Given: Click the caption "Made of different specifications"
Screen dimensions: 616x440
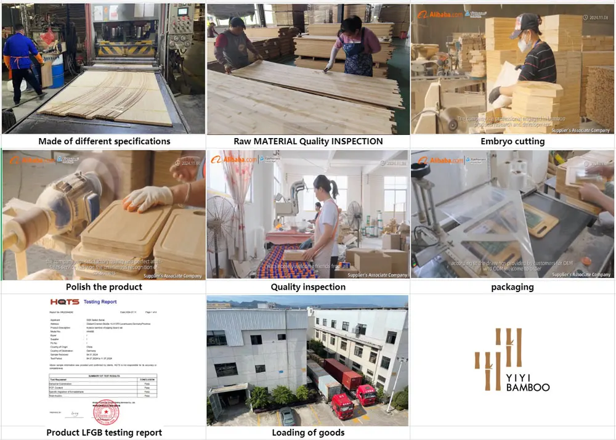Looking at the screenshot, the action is (x=104, y=141).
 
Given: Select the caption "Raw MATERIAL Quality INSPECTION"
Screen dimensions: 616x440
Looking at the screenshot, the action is (x=308, y=141).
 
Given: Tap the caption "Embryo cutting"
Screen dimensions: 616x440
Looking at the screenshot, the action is (x=513, y=141).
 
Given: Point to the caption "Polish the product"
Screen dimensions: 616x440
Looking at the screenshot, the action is (x=104, y=287).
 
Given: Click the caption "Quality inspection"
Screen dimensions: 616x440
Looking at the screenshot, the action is (x=308, y=287).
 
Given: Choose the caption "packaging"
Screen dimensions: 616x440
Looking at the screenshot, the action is (x=513, y=287).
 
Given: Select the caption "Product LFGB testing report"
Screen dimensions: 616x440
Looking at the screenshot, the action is (x=104, y=432).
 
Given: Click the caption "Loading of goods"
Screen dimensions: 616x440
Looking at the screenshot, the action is (x=308, y=432).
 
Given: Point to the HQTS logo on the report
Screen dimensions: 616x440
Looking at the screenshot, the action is (x=65, y=302).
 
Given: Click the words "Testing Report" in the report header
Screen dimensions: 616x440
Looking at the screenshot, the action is (x=100, y=302).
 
